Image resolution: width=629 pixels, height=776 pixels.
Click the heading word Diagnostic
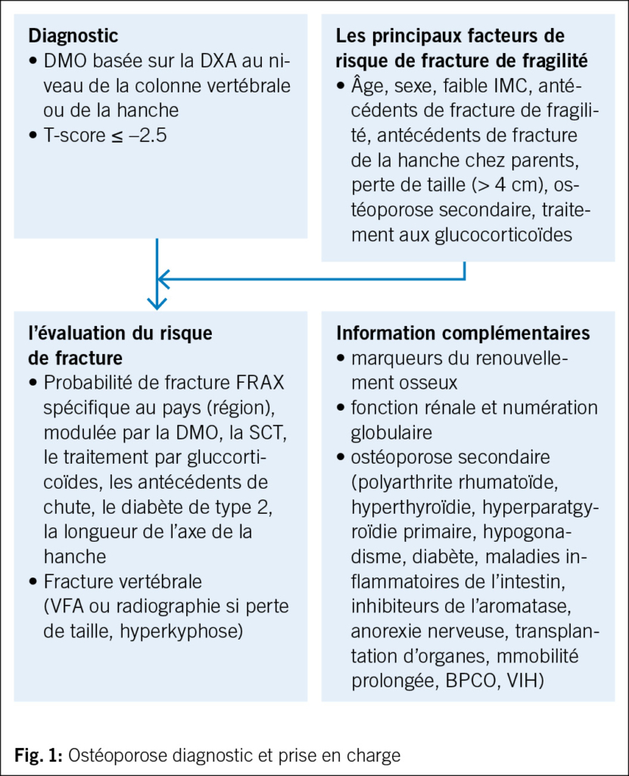(73, 36)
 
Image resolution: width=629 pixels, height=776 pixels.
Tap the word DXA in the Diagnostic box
(220, 61)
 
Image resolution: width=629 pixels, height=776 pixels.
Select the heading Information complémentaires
(462, 334)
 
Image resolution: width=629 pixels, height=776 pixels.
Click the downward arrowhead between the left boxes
(156, 302)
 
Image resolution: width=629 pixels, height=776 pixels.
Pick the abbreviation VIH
(525, 679)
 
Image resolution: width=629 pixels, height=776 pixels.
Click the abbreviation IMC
(506, 86)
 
